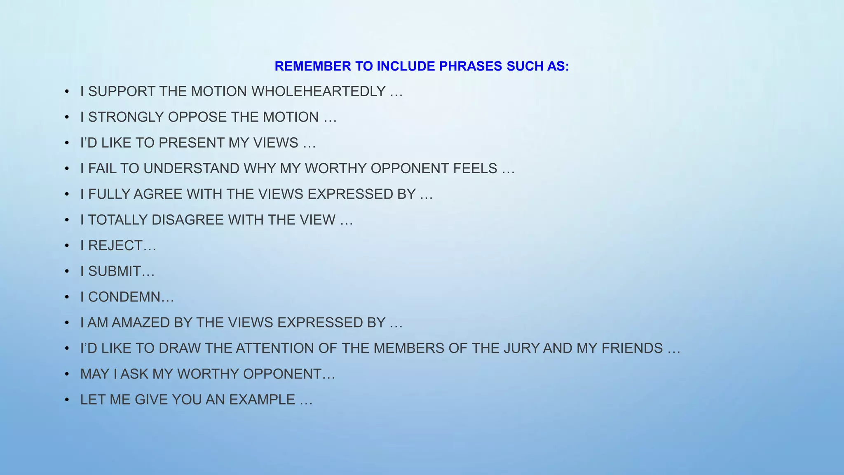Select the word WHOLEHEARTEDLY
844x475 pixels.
[318, 92]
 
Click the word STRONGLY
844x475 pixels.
[126, 117]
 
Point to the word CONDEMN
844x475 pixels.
[124, 297]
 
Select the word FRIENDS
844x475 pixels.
[632, 348]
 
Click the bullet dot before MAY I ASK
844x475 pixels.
[67, 374]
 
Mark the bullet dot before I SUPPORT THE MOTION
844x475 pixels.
[67, 92]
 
